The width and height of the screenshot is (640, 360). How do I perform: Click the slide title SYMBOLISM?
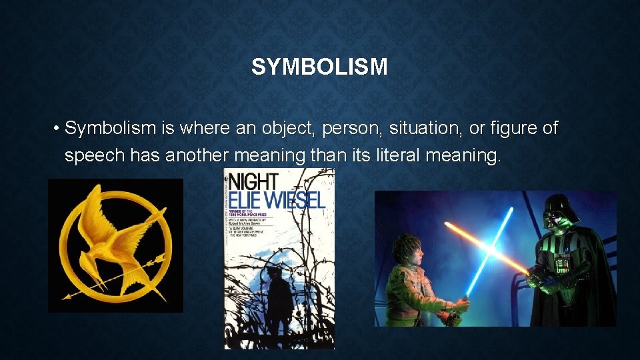(x=319, y=67)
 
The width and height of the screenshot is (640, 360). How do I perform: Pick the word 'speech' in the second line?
(x=94, y=156)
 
